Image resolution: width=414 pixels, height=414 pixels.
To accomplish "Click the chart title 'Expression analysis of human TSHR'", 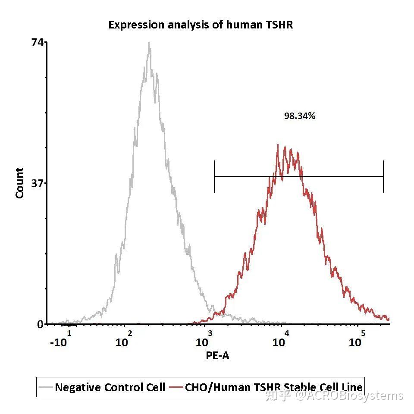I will click(x=201, y=25).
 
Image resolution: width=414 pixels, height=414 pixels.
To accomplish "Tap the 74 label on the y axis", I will click(x=38, y=42).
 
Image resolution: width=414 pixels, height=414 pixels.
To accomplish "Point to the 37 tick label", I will click(x=38, y=183).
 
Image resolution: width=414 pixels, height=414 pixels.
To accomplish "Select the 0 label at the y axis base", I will click(x=41, y=324).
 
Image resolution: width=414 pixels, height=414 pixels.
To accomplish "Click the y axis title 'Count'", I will click(x=20, y=183).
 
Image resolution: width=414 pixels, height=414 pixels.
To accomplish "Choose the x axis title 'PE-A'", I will click(x=217, y=356).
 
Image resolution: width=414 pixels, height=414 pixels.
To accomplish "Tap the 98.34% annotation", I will click(x=300, y=116).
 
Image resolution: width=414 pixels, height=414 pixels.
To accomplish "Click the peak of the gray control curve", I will click(x=149, y=44).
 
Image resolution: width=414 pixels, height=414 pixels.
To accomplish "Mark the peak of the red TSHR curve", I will click(x=278, y=145).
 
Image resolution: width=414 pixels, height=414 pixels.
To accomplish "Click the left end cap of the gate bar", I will click(x=214, y=176).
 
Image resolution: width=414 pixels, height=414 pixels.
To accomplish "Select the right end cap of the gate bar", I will click(x=383, y=176).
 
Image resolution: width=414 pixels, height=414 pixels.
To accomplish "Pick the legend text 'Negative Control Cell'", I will click(x=110, y=387).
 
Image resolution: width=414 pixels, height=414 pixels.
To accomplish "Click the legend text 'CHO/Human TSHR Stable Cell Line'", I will click(x=274, y=387).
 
